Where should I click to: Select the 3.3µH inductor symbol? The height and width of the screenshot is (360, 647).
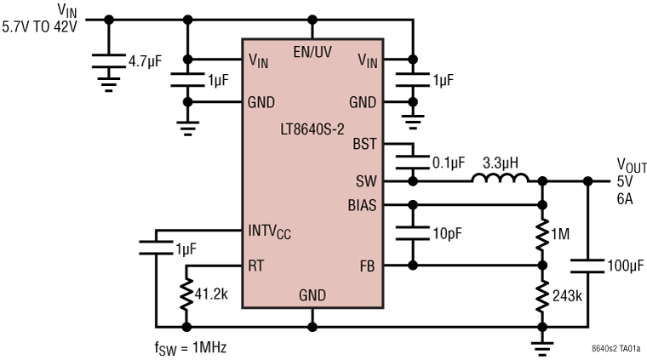(501, 180)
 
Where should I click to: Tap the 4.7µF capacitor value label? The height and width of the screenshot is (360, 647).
(146, 61)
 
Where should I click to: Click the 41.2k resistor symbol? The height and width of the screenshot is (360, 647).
(186, 294)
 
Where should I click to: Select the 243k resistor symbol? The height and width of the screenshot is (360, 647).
(541, 295)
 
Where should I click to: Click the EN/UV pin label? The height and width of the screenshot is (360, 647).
(312, 53)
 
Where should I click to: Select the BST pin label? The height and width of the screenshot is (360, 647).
(364, 145)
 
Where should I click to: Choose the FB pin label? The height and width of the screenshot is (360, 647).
(367, 266)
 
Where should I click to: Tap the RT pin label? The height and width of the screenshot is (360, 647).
(255, 266)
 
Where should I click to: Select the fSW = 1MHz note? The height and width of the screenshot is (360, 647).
(192, 347)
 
